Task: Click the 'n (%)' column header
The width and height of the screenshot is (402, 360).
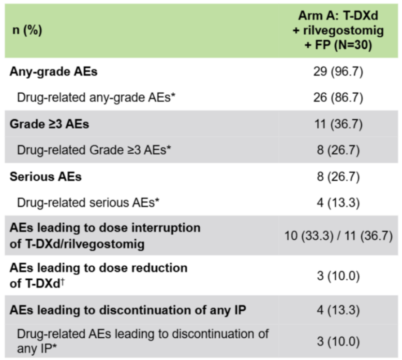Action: pos(27,30)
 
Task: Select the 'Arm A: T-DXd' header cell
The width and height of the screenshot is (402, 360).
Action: pos(338,16)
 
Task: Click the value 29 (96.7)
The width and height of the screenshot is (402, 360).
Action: pos(338,72)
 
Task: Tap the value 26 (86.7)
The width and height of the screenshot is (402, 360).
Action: pos(338,98)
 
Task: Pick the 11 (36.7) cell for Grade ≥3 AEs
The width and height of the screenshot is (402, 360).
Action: pos(339,124)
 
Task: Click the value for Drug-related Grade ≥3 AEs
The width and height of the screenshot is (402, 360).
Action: pos(339,150)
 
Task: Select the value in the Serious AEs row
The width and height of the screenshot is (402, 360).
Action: pos(339,177)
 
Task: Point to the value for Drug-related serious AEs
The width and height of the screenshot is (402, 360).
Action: pos(339,203)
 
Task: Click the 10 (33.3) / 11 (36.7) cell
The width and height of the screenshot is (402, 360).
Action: pos(339,235)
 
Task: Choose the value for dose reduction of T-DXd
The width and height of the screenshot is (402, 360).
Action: pos(339,276)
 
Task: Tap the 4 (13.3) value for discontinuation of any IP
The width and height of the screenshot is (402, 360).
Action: pos(339,310)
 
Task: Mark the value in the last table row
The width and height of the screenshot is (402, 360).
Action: pos(339,341)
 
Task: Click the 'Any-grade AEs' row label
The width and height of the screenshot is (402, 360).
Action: pos(54,72)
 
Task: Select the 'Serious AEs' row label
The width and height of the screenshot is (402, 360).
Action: pos(45,177)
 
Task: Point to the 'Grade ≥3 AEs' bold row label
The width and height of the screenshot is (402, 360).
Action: pos(49,124)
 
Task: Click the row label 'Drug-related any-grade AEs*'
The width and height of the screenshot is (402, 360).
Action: pos(96,98)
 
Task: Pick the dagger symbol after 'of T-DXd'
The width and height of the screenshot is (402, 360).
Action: pos(62,282)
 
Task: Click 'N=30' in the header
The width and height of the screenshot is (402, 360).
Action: pos(352,45)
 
